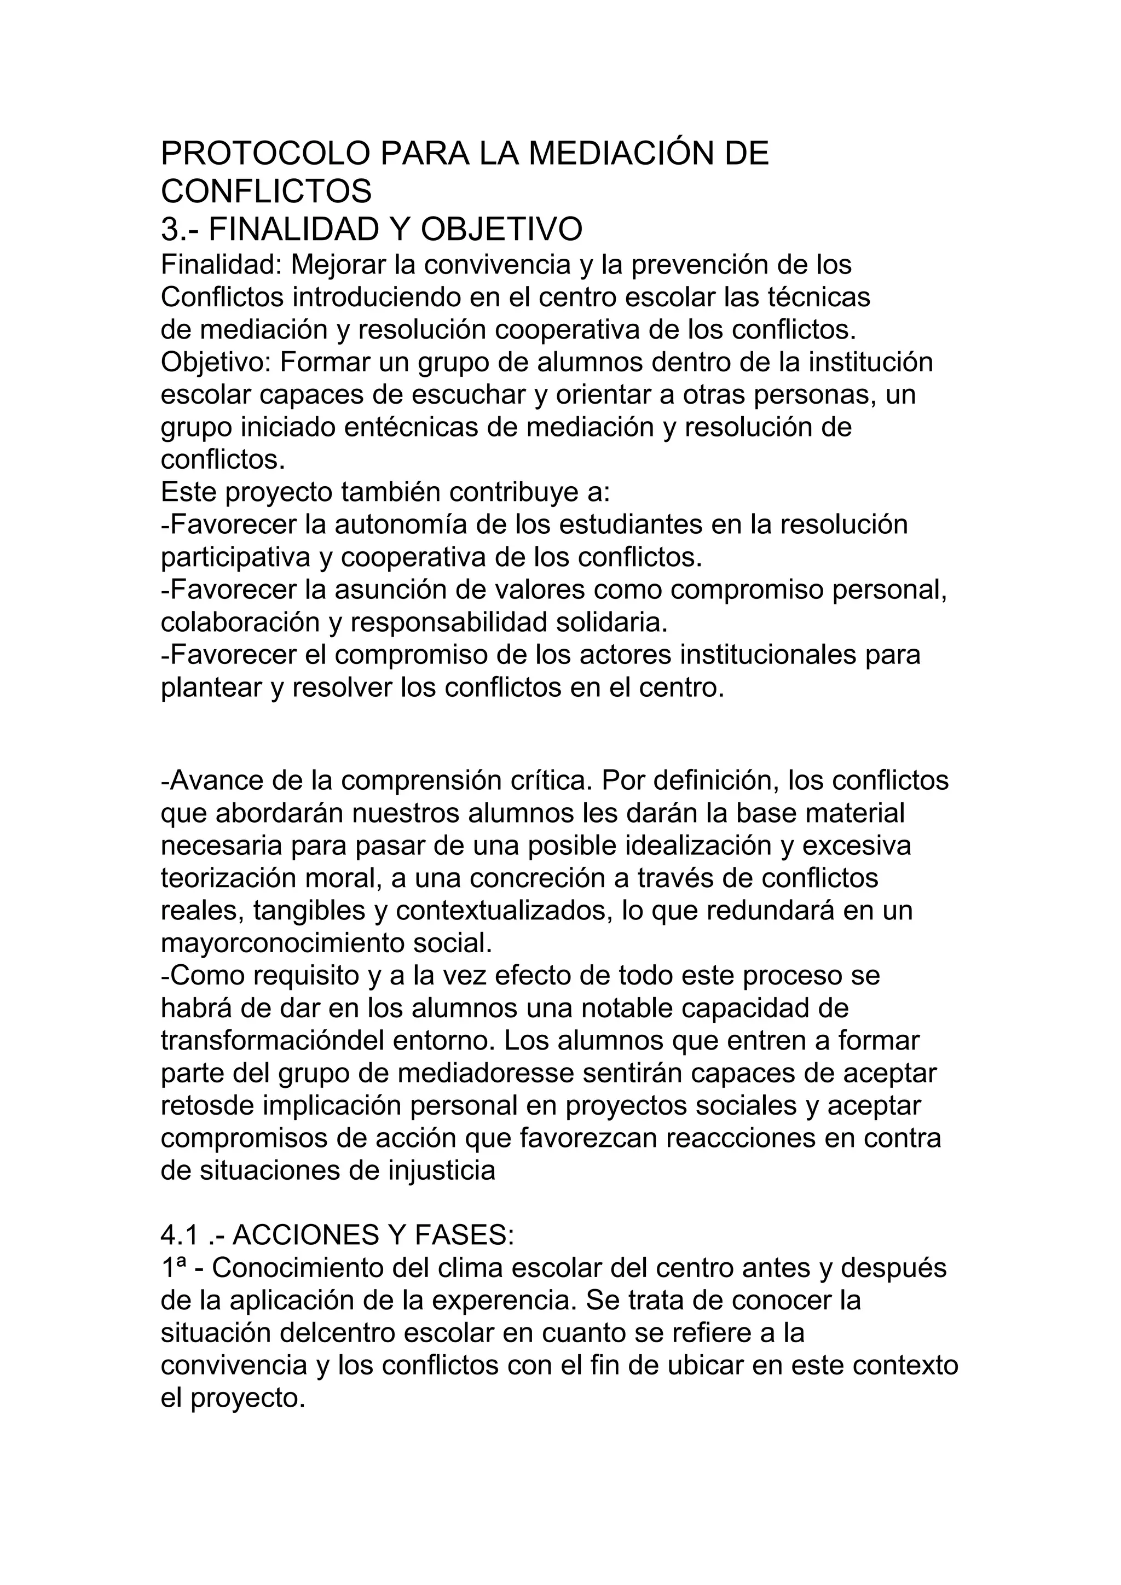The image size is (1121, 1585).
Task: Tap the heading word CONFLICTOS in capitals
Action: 266,191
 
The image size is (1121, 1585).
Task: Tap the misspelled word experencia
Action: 503,1301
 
